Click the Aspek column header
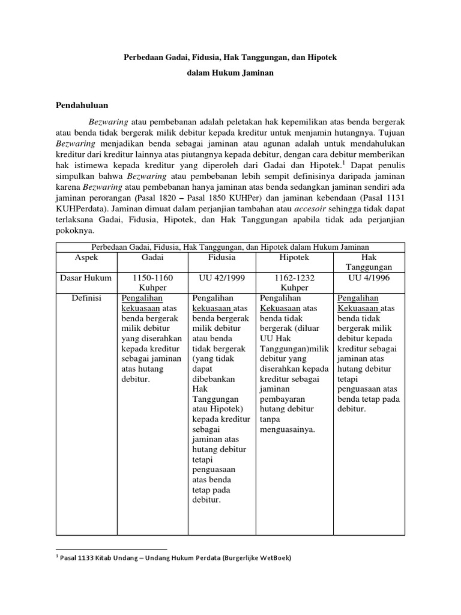(86, 257)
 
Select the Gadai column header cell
(152, 257)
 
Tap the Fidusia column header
(221, 257)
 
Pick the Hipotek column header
(295, 257)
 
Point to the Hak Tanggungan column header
(369, 262)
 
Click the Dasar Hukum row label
(86, 278)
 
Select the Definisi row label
(86, 298)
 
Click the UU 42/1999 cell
(221, 278)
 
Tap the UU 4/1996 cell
(369, 278)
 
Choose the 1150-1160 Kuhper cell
(152, 283)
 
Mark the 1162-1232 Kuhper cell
(295, 283)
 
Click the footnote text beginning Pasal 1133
(174, 558)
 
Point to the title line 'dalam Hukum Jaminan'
(230, 73)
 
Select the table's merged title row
(230, 247)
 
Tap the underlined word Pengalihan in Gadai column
(142, 298)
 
